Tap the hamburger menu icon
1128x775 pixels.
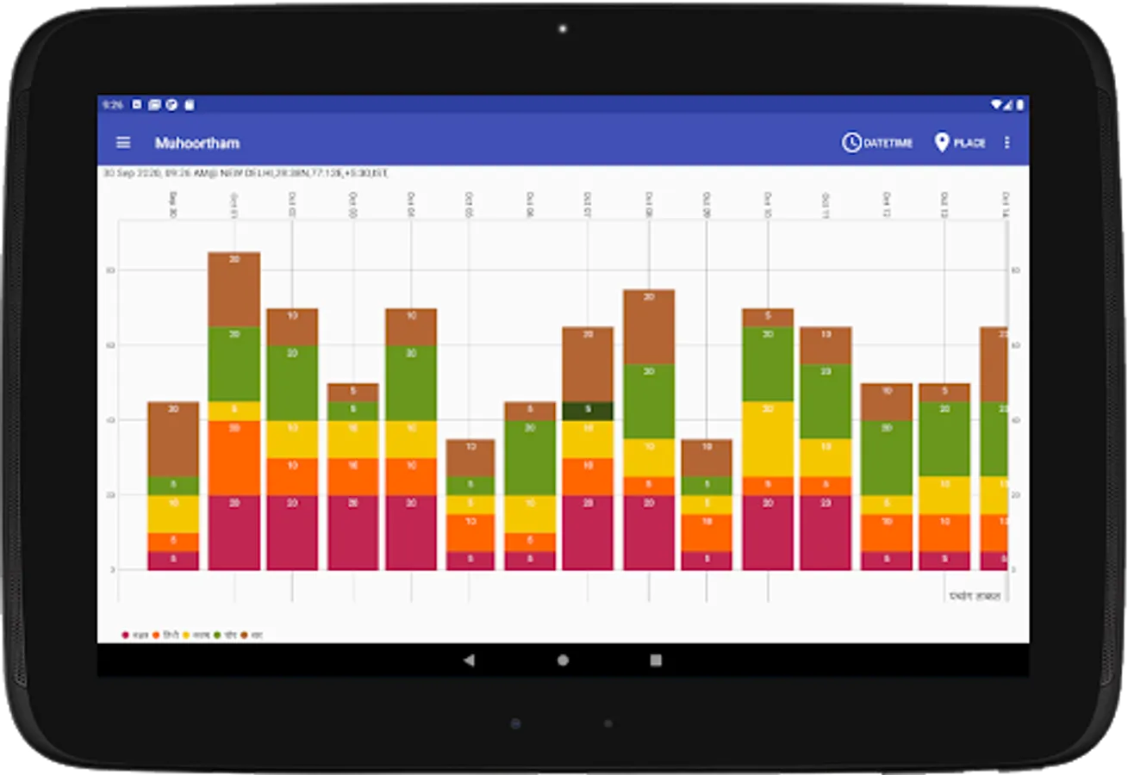[123, 143]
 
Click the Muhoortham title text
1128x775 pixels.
[197, 143]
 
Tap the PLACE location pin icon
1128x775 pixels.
[941, 143]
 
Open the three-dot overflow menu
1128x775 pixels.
[1006, 143]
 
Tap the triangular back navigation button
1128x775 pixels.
[469, 660]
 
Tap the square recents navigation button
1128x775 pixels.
[656, 660]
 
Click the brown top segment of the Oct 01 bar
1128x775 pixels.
[234, 289]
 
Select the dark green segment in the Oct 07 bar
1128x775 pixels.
[588, 411]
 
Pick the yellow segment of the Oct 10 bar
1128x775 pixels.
[768, 439]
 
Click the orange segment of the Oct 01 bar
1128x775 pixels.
[234, 458]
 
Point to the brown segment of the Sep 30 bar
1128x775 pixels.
[173, 439]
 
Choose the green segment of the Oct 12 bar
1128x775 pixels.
[887, 458]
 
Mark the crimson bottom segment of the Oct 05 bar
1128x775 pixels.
[470, 561]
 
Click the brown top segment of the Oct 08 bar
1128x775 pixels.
[649, 327]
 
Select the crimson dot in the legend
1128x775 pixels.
[126, 635]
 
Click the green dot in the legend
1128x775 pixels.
[218, 635]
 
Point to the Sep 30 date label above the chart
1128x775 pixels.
[173, 205]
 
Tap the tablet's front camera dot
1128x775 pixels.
[563, 29]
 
